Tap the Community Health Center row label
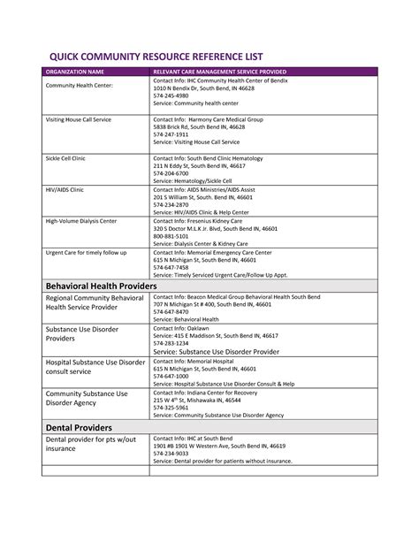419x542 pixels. click(x=79, y=85)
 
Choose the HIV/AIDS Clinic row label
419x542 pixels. click(x=65, y=188)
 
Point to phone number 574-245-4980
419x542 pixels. click(x=173, y=96)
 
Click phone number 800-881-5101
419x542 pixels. click(x=171, y=236)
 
